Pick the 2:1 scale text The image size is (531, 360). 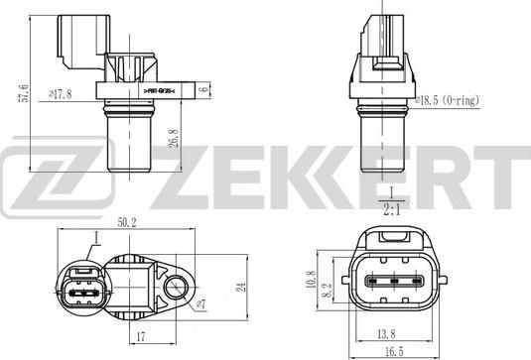point(390,208)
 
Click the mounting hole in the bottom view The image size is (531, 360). point(179,289)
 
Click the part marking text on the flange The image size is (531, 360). point(158,91)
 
